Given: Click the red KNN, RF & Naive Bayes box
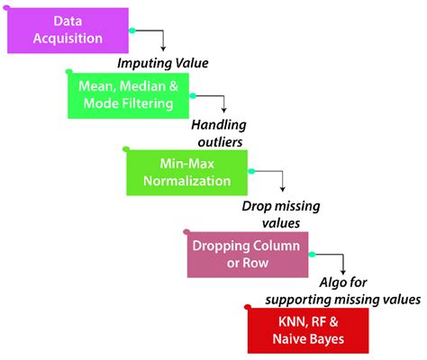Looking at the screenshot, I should click(308, 329).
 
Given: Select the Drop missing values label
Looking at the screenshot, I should click(279, 212).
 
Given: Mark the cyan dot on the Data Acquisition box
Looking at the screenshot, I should click(132, 30).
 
